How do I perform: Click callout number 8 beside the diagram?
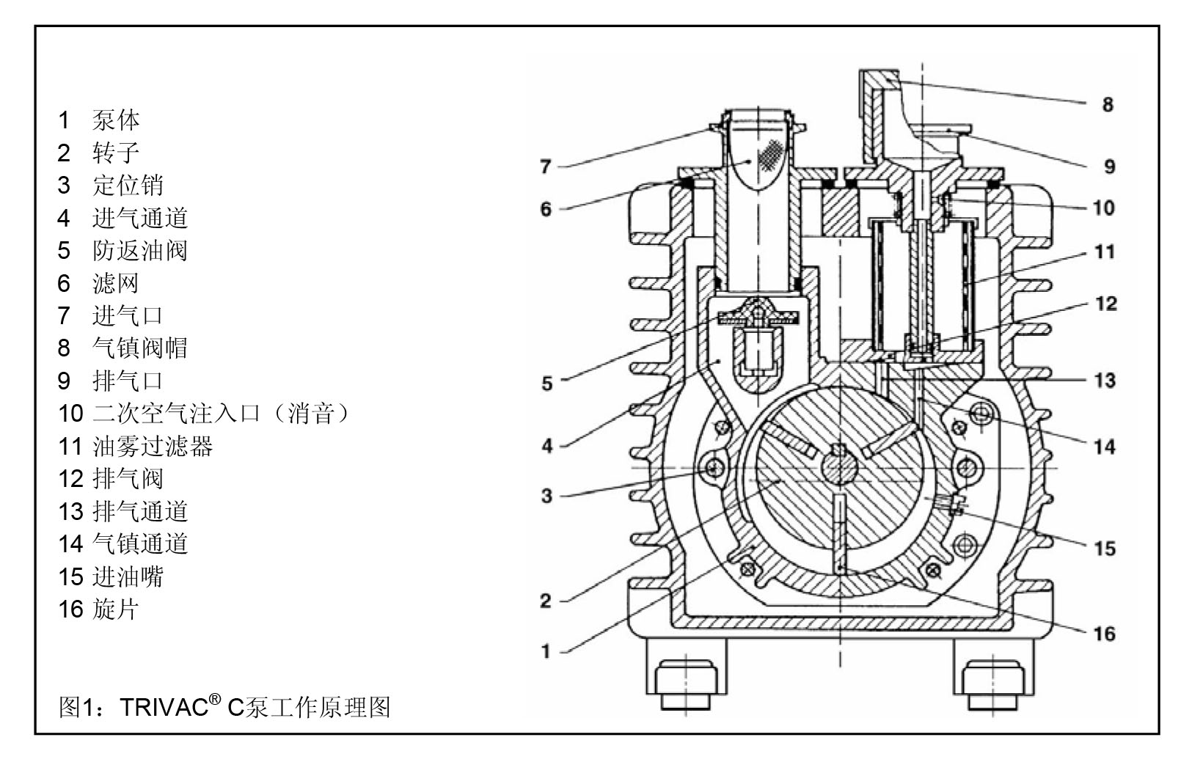1107,104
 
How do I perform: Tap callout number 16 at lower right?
1104,633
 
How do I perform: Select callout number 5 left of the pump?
546,383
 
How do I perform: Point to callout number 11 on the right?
1105,252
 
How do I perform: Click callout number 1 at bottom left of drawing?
545,651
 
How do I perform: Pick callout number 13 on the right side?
1105,380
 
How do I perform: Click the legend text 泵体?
116,120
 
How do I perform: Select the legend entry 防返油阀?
140,251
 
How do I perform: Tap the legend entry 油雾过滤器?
153,446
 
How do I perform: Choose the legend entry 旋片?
116,609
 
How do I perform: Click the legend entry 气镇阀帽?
140,348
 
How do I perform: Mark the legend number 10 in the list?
71,414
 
